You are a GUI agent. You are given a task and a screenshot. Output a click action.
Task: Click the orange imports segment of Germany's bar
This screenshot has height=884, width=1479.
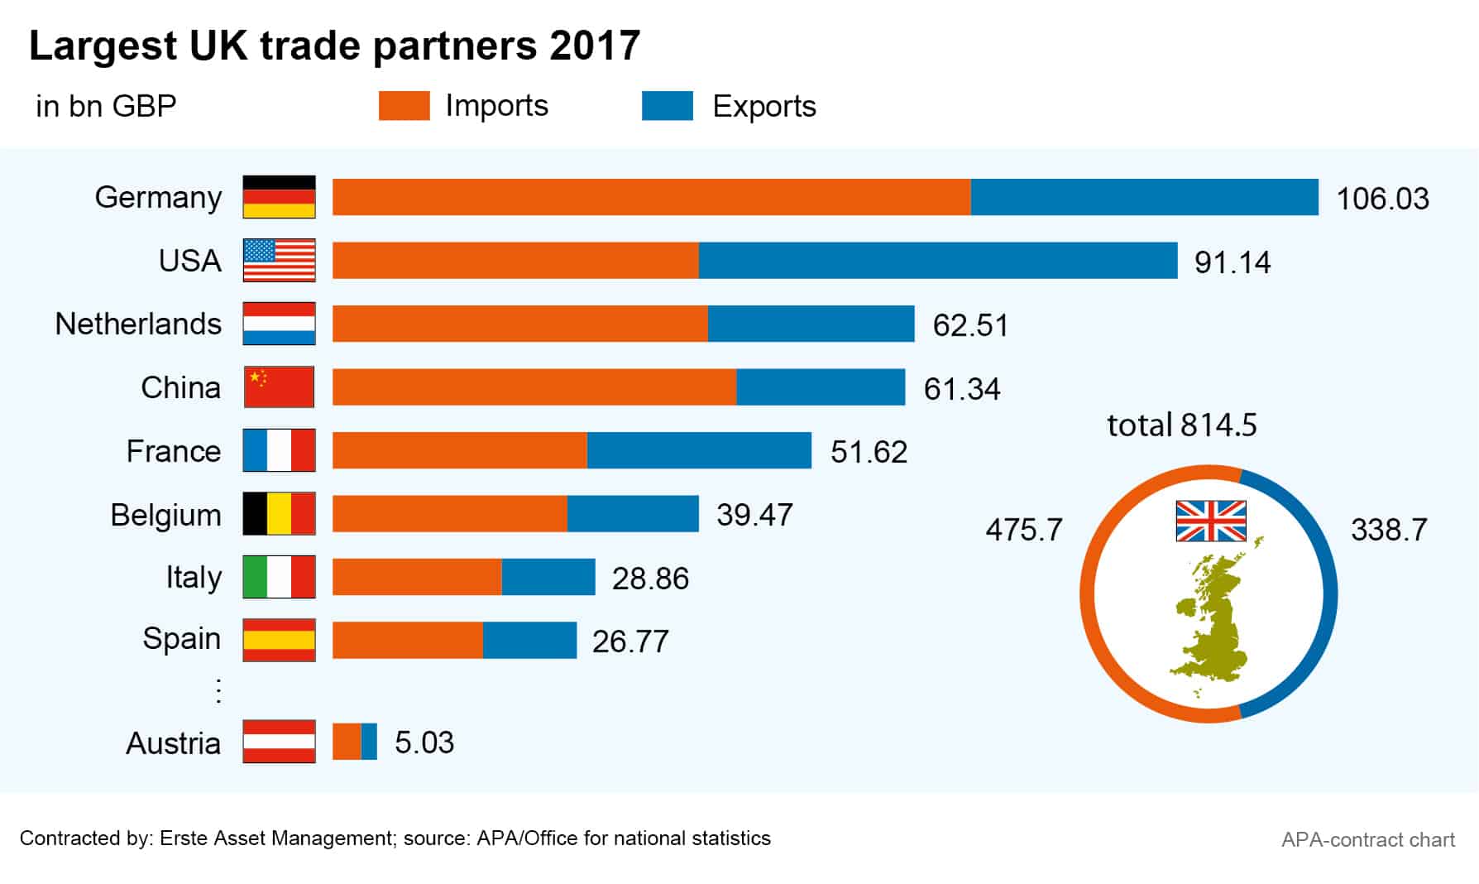pyautogui.click(x=651, y=197)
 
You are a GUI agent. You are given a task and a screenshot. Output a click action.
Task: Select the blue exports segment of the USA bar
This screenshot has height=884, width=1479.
pyautogui.click(x=937, y=261)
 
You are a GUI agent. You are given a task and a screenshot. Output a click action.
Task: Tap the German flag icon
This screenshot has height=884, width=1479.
pyautogui.click(x=279, y=197)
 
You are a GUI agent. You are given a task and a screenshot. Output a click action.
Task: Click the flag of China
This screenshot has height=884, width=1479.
pyautogui.click(x=279, y=387)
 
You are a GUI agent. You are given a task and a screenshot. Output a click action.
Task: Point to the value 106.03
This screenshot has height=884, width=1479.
pyautogui.click(x=1382, y=199)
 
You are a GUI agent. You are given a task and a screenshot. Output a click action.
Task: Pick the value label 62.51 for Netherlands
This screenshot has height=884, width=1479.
pyautogui.click(x=970, y=325)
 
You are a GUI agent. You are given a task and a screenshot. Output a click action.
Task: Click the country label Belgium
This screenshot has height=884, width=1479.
pyautogui.click(x=165, y=515)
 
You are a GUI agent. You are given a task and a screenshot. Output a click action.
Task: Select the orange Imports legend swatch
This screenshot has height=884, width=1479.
pyautogui.click(x=404, y=106)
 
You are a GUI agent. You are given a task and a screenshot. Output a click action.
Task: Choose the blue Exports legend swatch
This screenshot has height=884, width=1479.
pyautogui.click(x=667, y=106)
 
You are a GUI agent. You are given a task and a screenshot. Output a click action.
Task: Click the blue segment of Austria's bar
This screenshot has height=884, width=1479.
pyautogui.click(x=369, y=742)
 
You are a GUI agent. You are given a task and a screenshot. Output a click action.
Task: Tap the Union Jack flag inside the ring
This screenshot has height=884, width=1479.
pyautogui.click(x=1210, y=521)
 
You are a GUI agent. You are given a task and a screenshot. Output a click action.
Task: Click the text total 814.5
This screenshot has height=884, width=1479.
pyautogui.click(x=1181, y=425)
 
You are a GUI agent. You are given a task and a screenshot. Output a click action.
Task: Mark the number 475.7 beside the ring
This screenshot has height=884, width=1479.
pyautogui.click(x=1023, y=530)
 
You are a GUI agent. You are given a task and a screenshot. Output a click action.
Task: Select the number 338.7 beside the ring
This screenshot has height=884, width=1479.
pyautogui.click(x=1389, y=530)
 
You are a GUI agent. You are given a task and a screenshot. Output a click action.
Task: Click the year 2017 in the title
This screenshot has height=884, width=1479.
pyautogui.click(x=595, y=46)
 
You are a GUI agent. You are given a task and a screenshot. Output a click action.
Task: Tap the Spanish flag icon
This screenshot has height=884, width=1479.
pyautogui.click(x=279, y=640)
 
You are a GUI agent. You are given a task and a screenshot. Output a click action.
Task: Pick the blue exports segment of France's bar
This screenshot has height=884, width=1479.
pyautogui.click(x=699, y=450)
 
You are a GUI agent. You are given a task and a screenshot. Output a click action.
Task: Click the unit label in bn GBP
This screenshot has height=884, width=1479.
pyautogui.click(x=106, y=107)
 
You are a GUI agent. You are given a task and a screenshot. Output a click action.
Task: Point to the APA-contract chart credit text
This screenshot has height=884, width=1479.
pyautogui.click(x=1367, y=840)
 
